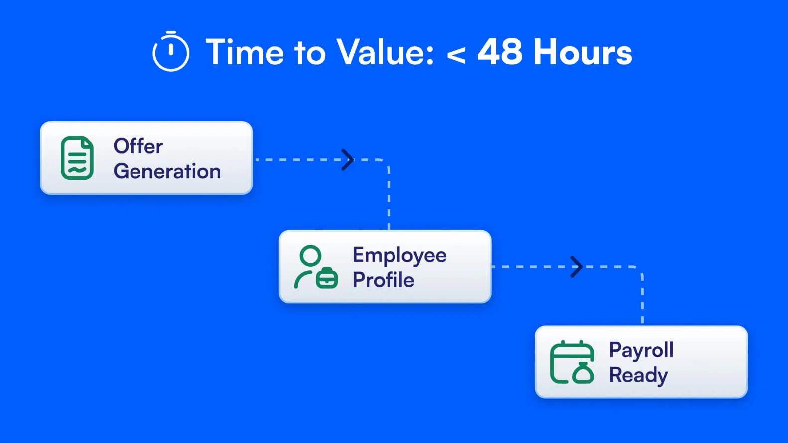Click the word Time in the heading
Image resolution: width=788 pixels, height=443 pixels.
click(245, 52)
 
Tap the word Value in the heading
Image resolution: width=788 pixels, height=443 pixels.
click(385, 52)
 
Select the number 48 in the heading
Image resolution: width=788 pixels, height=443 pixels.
click(500, 52)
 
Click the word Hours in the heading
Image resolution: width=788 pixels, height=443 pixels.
click(583, 52)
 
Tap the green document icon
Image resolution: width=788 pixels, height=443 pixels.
click(77, 158)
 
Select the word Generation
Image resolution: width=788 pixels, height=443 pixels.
click(167, 171)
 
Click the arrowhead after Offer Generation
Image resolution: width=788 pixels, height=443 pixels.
click(348, 160)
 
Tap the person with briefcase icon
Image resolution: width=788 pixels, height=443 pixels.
click(316, 267)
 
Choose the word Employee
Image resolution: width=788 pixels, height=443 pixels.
click(399, 255)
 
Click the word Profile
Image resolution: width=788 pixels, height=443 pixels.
click(384, 280)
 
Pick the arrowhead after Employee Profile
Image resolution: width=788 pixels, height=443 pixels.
click(577, 267)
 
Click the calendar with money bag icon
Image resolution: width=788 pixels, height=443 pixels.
click(572, 362)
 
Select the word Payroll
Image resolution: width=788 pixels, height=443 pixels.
click(641, 350)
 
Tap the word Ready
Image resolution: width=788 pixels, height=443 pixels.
click(639, 375)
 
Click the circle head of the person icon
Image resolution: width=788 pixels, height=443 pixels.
click(310, 256)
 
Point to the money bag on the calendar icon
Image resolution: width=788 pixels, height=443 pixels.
click(583, 373)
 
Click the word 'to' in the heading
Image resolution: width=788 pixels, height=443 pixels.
click(310, 53)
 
